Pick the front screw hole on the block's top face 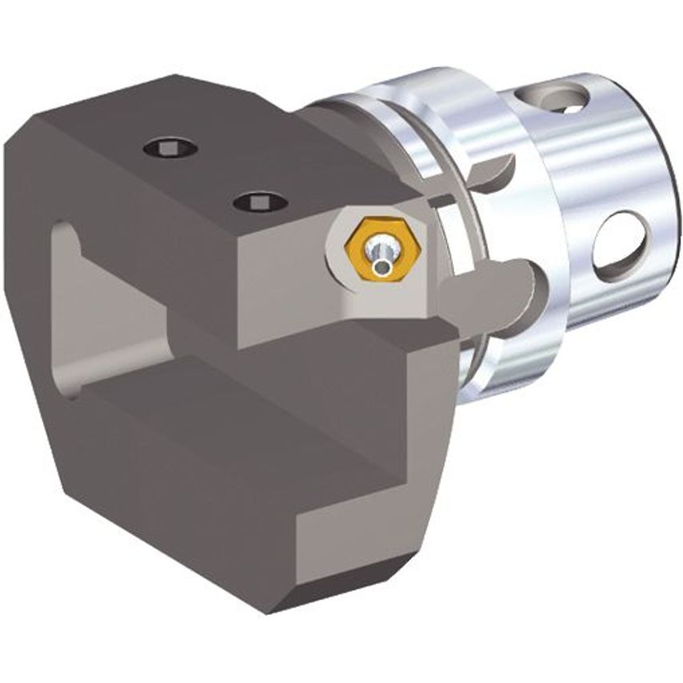pyautogui.click(x=261, y=202)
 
